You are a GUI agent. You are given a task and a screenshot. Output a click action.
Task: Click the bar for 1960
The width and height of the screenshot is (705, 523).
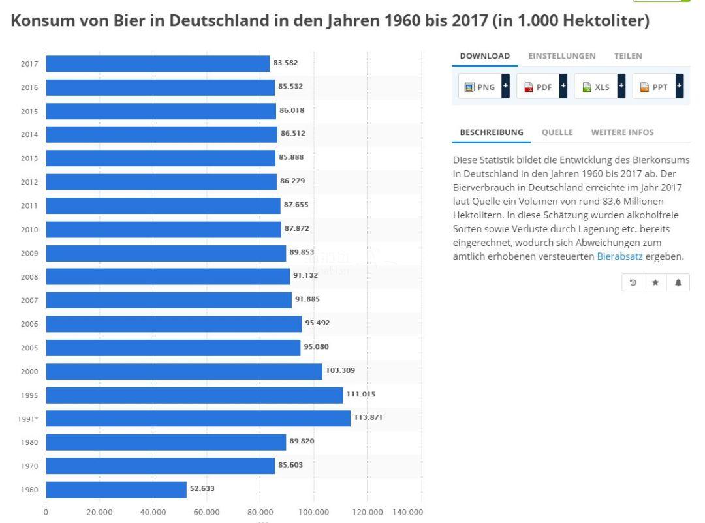tap(116, 490)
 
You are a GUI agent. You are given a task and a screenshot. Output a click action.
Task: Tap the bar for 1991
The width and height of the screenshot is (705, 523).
tap(198, 419)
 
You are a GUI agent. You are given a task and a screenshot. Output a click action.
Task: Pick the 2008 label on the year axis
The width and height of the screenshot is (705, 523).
tap(29, 276)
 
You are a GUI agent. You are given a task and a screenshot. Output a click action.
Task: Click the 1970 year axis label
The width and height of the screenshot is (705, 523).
tap(29, 466)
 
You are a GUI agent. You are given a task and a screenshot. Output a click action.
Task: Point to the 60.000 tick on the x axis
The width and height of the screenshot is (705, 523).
tap(206, 513)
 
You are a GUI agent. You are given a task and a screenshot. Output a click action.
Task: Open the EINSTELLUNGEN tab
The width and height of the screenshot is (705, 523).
tap(561, 56)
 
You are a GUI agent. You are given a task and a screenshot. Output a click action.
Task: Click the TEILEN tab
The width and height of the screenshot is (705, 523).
tap(627, 56)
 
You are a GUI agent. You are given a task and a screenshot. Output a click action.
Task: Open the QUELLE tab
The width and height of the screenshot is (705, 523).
tap(557, 132)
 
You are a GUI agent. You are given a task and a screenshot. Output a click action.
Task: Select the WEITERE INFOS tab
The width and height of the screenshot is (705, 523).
tap(621, 132)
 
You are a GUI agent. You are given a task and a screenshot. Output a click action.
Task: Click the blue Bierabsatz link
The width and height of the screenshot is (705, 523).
tap(619, 257)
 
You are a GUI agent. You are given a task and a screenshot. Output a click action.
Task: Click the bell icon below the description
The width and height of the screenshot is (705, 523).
tap(678, 282)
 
